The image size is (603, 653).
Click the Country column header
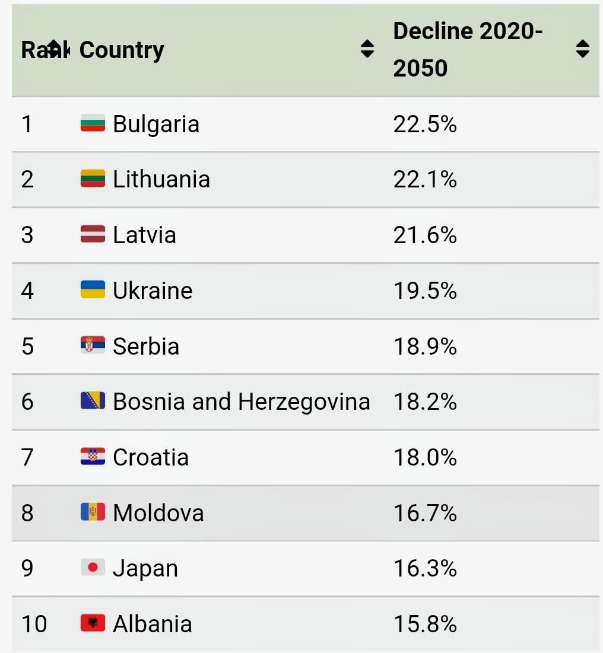[122, 50]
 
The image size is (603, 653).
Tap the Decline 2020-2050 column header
[468, 50]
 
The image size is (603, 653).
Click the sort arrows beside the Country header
[367, 49]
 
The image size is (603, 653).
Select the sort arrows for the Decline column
[582, 49]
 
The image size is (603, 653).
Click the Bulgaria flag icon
[93, 123]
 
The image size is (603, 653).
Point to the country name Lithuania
[161, 179]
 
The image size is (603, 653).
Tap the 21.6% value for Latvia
[425, 235]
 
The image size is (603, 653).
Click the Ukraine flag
[93, 290]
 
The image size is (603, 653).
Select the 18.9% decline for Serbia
[425, 346]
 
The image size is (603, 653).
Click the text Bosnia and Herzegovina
[242, 402]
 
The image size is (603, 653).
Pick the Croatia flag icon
[93, 457]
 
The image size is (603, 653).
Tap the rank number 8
[27, 513]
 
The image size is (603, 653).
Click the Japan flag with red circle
[93, 568]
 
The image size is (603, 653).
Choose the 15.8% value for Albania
[425, 624]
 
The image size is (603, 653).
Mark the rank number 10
[34, 624]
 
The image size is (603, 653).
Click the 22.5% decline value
[425, 124]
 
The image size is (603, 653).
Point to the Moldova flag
[93, 512]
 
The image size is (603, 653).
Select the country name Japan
[145, 568]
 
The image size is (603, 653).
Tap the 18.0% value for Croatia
[425, 457]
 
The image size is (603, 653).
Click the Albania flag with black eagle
[93, 623]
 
